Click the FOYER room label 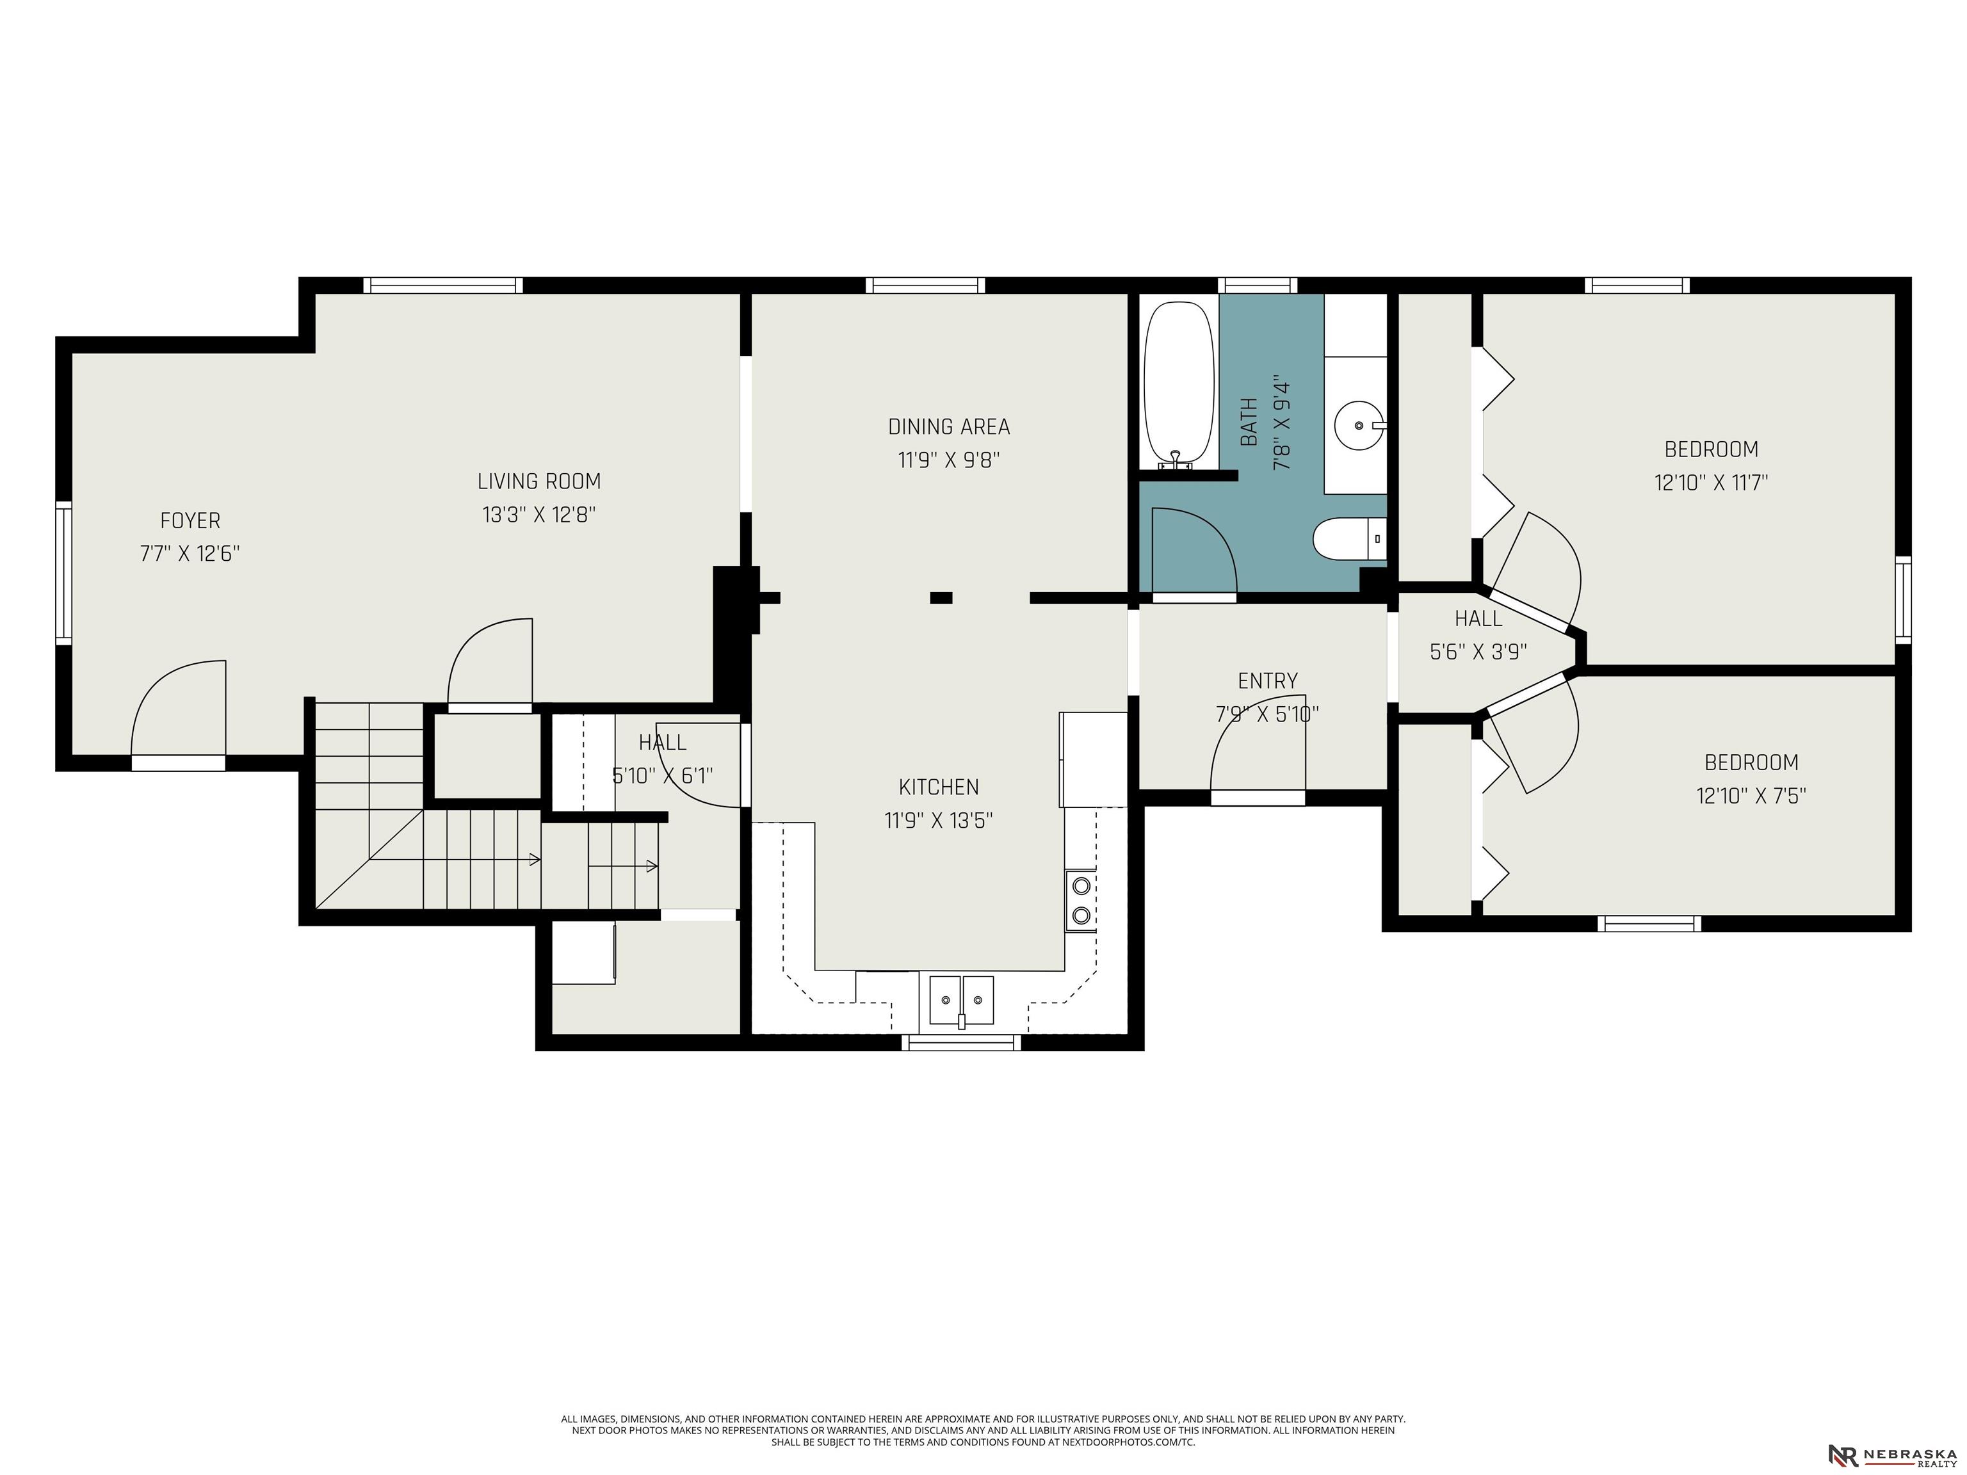pos(190,521)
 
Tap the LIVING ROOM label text pos(539,481)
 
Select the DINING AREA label pos(949,427)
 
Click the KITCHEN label pos(939,787)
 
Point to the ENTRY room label pos(1267,681)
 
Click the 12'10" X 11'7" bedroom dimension pos(1711,483)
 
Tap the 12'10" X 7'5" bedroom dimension pos(1751,796)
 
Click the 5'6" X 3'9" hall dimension pos(1478,652)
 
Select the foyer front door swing pos(179,709)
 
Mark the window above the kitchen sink pos(961,1043)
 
